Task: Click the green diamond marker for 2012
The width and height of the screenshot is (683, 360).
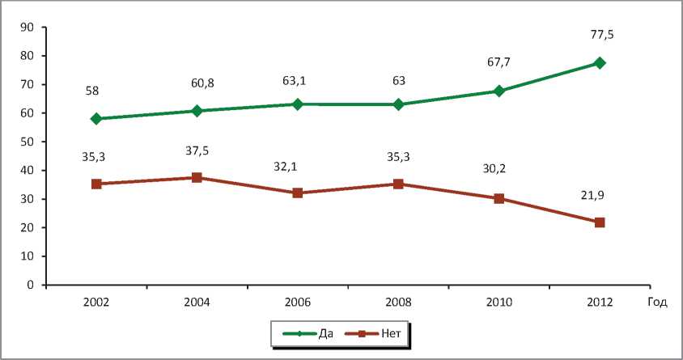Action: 600,63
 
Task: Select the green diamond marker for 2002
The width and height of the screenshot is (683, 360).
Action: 96,119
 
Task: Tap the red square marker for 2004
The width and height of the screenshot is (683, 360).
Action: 197,177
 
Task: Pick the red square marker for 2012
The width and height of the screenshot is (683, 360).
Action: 600,222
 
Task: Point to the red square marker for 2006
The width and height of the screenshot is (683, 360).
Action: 298,193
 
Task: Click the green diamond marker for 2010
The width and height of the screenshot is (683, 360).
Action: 499,91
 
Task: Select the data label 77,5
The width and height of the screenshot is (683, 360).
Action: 600,36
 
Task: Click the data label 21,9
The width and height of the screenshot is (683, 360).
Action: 600,194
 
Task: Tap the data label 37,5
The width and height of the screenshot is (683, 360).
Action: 197,150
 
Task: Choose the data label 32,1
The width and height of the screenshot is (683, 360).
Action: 298,166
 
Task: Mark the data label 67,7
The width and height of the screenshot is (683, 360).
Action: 499,64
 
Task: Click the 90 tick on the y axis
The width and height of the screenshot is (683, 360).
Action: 27,28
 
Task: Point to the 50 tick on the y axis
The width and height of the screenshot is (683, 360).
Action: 27,142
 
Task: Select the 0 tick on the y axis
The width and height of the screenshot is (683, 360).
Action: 30,286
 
